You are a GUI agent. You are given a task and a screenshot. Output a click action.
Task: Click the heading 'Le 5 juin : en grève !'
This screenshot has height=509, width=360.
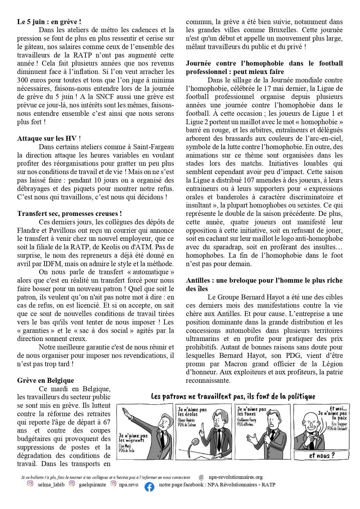(49, 22)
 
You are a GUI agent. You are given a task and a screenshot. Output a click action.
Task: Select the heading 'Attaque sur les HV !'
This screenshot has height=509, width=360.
(49, 138)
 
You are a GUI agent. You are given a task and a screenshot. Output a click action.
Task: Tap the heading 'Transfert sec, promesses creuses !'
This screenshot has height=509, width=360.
(69, 214)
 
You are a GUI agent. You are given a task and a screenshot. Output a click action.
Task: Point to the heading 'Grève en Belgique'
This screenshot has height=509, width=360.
(46, 380)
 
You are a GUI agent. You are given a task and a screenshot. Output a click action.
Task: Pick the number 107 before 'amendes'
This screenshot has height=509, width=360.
(249, 180)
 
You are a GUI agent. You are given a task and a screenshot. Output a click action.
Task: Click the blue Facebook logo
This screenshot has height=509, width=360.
(149, 487)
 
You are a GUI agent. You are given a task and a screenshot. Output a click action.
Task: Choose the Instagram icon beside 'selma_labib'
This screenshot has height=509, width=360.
(30, 483)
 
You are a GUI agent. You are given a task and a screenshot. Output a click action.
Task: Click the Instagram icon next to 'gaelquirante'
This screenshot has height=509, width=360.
(72, 483)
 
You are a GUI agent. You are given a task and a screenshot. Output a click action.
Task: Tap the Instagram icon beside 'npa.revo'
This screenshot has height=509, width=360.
(113, 483)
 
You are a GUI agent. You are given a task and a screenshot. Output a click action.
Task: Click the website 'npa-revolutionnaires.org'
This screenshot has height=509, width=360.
(236, 477)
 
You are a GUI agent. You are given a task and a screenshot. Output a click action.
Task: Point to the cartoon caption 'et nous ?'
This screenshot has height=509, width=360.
(321, 455)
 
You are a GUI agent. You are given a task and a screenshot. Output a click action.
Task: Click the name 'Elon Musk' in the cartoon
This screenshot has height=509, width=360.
(125, 446)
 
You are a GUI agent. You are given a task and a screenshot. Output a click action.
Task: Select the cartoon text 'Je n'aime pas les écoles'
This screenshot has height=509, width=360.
(192, 412)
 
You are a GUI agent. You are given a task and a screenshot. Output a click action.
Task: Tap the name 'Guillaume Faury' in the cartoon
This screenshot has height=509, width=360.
(247, 420)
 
